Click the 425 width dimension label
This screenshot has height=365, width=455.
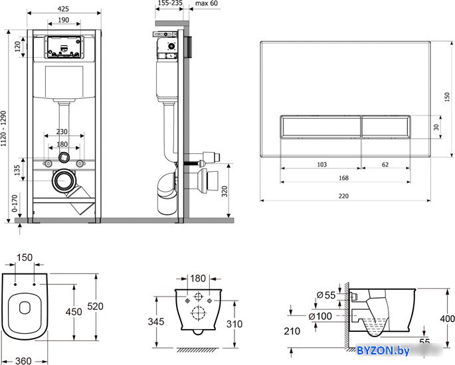63,9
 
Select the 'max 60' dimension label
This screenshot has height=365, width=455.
207,3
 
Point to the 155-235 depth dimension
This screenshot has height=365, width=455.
170,3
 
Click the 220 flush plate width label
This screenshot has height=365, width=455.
343,196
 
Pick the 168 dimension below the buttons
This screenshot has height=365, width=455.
343,178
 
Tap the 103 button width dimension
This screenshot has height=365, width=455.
321,165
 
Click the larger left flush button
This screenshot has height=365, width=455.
321,126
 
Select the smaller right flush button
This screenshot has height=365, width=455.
386,126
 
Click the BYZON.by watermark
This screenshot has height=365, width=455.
383,350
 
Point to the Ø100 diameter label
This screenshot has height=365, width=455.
320,316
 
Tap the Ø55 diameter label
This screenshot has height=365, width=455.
326,295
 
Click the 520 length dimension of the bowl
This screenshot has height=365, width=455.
95,306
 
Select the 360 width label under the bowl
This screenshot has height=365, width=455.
23,360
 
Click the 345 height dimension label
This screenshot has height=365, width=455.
156,321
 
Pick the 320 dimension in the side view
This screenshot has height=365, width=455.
225,191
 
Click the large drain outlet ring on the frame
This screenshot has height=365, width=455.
64,181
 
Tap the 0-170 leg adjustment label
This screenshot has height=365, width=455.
15,203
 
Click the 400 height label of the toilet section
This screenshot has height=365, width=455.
447,319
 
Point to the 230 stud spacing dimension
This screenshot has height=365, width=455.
62,131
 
